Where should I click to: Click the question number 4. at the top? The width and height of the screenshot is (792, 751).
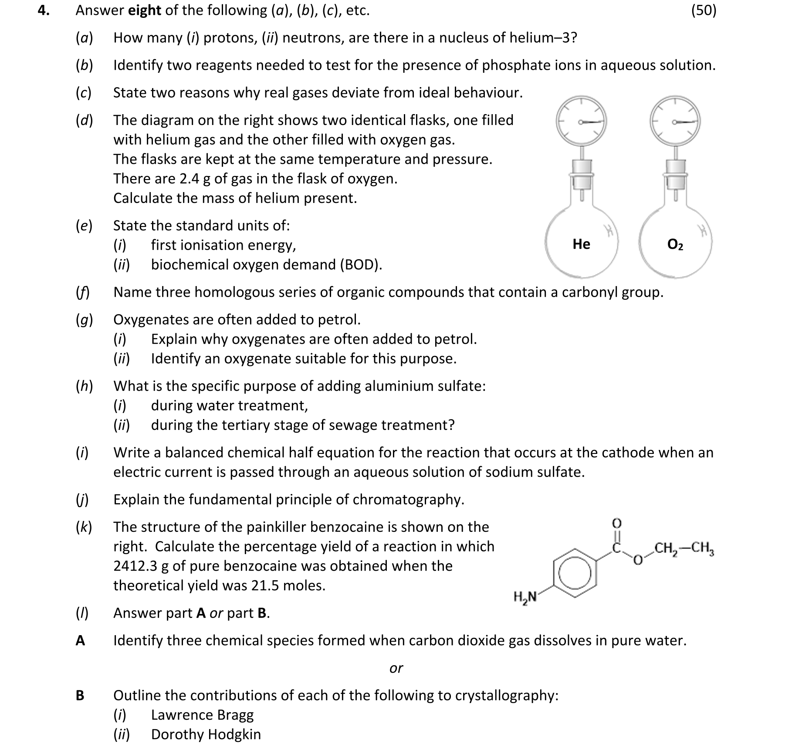pos(43,10)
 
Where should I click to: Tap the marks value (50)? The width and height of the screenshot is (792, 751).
pos(704,10)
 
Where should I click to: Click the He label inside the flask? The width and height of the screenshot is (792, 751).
pos(581,244)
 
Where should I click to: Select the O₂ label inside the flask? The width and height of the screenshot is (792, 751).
pos(675,244)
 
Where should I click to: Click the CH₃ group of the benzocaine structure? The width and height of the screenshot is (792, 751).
pos(703,548)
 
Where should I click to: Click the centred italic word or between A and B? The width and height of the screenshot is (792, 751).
pos(396,668)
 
